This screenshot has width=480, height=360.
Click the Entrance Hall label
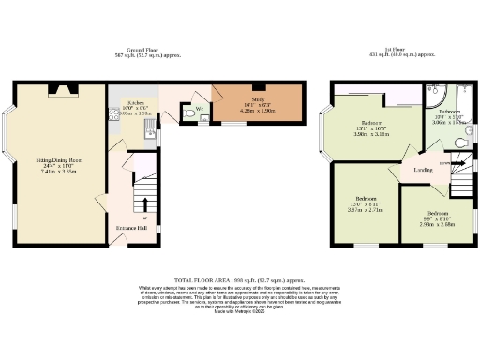[131, 228]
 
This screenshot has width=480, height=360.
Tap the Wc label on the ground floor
[200, 108]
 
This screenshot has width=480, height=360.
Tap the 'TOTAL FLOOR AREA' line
[239, 279]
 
